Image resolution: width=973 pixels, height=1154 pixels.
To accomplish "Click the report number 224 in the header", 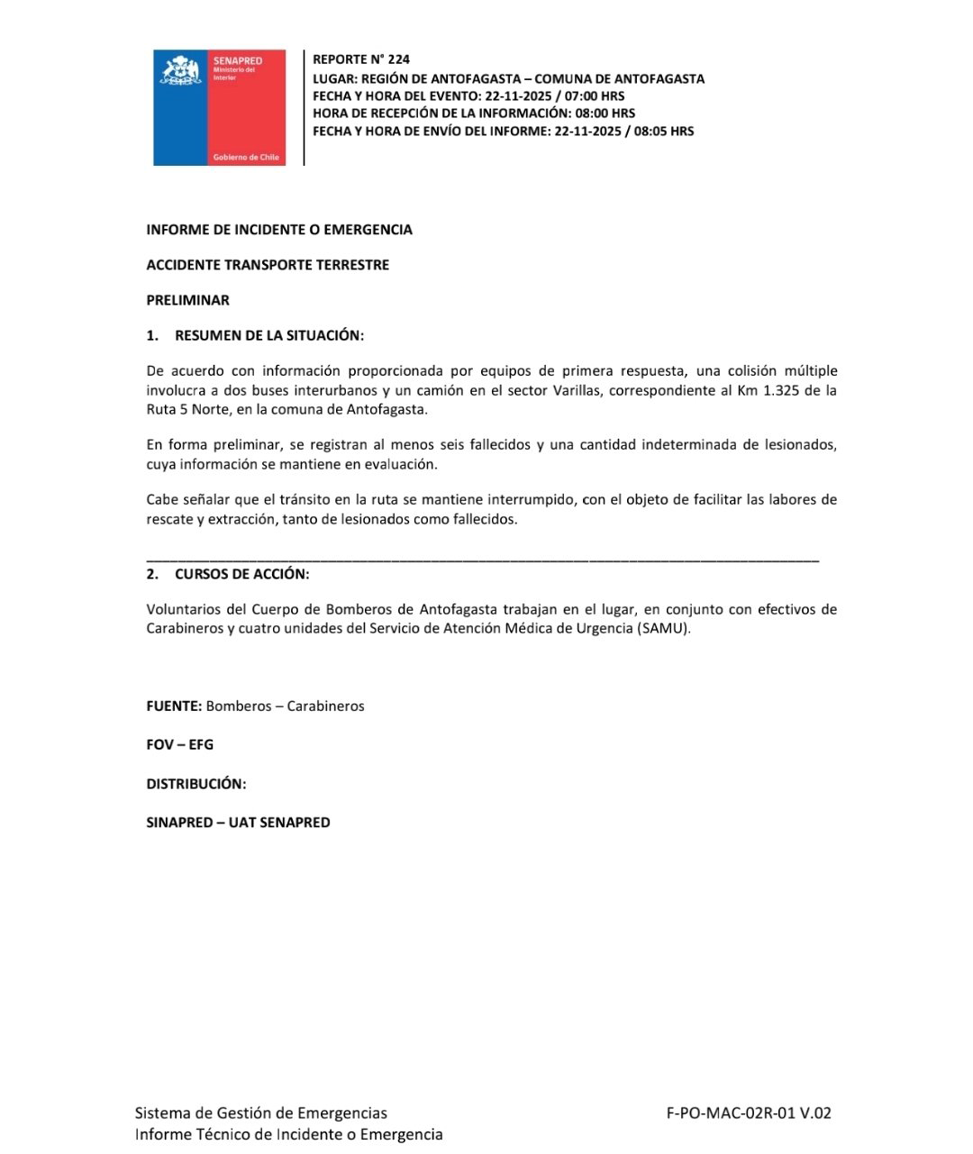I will tap(398, 59).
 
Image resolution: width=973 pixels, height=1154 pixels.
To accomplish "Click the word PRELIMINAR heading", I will tap(187, 300).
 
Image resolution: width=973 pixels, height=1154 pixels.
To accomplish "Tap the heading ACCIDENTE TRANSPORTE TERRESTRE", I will tap(268, 265).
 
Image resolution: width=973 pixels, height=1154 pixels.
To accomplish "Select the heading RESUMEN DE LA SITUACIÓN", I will tap(268, 335).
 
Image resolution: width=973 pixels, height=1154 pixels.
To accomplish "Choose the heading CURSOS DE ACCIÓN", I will tap(241, 574).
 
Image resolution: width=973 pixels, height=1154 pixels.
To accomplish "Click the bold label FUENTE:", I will tap(174, 706).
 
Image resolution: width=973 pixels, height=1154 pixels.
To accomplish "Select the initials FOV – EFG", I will tap(180, 745).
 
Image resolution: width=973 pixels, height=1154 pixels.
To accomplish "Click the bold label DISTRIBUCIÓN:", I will tap(196, 784).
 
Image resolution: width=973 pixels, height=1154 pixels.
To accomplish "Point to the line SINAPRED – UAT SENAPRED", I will tap(238, 822).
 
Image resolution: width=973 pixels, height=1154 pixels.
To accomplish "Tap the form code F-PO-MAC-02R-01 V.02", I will tap(749, 1113).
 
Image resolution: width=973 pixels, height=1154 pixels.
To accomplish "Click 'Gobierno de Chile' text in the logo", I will tap(246, 158).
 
